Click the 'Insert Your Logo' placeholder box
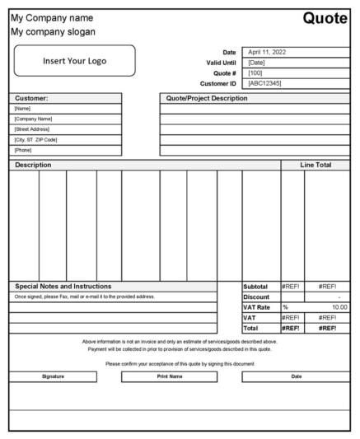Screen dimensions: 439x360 click(75, 61)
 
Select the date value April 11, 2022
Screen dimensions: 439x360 click(268, 52)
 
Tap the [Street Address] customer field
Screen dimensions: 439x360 click(35, 129)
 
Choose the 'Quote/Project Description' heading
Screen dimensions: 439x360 click(207, 98)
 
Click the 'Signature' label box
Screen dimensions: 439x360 click(53, 376)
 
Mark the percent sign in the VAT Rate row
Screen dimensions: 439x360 click(286, 307)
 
